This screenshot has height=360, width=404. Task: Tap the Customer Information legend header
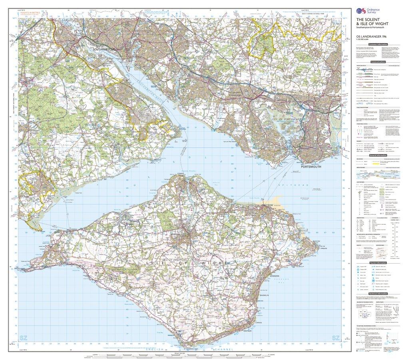click(378, 44)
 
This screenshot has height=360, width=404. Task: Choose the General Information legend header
click(378, 155)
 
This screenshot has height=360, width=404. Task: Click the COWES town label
click(182, 174)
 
